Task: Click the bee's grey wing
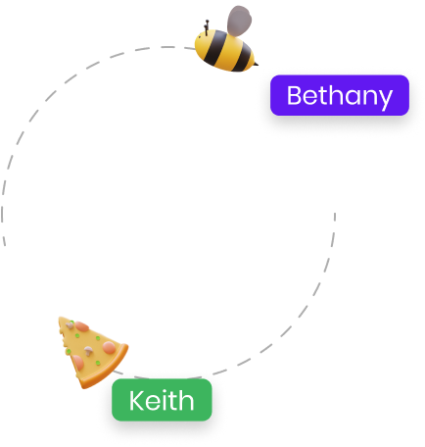[x=239, y=21]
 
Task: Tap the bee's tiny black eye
[x=200, y=37]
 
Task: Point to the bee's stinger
[x=256, y=64]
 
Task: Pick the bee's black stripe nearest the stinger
[x=244, y=58]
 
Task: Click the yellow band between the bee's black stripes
[x=229, y=53]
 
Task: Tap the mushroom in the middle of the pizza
[x=88, y=351]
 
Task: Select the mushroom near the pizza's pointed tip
[x=70, y=324]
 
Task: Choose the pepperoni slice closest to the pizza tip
[x=81, y=326]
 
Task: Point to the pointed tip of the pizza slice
[x=60, y=318]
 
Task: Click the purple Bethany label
[x=340, y=95]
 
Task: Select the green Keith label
[x=162, y=400]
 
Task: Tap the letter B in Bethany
[x=295, y=95]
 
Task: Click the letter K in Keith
[x=137, y=400]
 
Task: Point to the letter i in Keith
[x=164, y=400]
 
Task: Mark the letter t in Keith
[x=172, y=401]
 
